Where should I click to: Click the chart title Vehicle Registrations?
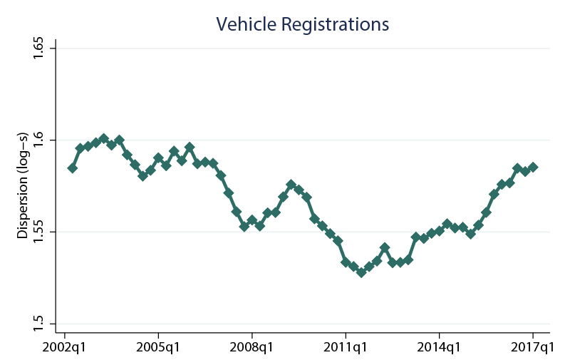pos(302,24)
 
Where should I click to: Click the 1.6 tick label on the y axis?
pos(40,140)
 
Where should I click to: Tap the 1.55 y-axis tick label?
pos(40,232)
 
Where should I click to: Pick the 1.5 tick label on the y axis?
pos(40,324)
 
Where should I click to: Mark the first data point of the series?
pos(73,168)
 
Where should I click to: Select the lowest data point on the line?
pos(361,272)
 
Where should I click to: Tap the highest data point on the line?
pos(104,138)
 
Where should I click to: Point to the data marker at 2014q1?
pos(440,230)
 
